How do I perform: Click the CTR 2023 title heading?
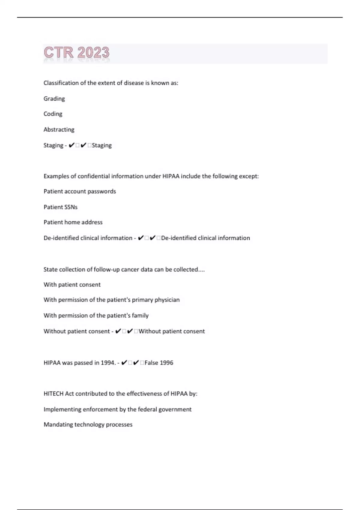76,53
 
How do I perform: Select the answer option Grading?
54,99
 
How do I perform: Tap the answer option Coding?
53,114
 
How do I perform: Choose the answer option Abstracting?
59,130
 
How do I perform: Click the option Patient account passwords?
79,191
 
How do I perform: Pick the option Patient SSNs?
60,207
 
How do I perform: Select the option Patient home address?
73,222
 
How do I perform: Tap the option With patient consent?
72,285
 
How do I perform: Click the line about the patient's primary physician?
111,300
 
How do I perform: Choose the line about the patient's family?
96,315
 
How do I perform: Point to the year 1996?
166,363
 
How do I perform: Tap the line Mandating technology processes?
88,424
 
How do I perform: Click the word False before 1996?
151,363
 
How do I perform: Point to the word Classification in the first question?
61,83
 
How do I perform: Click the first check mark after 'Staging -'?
71,145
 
